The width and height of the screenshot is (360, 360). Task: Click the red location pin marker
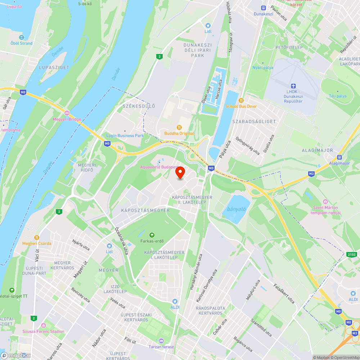180,173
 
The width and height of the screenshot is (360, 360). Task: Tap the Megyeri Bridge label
67,119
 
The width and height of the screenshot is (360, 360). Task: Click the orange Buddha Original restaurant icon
179,127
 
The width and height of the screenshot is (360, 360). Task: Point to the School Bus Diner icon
241,100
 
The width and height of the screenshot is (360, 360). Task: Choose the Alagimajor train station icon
339,157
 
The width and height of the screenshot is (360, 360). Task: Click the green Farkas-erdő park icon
152,235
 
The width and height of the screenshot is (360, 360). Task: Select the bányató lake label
236,209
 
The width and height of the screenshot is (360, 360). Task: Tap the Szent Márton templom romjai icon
325,202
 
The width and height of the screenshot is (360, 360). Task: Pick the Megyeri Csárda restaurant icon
36,238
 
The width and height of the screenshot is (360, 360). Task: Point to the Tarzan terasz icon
161,341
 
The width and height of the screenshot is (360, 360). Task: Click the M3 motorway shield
355,333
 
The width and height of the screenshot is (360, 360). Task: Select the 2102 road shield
352,255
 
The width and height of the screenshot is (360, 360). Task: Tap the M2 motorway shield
311,174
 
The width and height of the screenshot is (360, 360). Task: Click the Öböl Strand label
21,43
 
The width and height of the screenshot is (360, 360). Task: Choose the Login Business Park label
125,135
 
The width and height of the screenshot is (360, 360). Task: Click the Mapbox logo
16,355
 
